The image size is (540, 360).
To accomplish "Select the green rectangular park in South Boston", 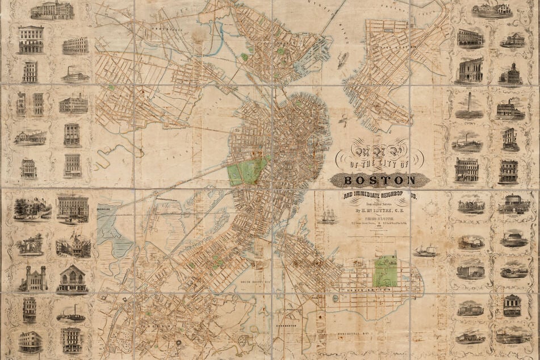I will coord(386,270).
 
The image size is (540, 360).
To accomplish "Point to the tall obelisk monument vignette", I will coord(469,106).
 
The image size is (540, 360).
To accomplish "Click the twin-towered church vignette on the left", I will coord(32,279).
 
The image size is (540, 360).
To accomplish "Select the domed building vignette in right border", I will coord(510,74).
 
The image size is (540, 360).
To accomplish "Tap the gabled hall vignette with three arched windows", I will coord(72,278).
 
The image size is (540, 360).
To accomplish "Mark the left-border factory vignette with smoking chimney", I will coord(75,74).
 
